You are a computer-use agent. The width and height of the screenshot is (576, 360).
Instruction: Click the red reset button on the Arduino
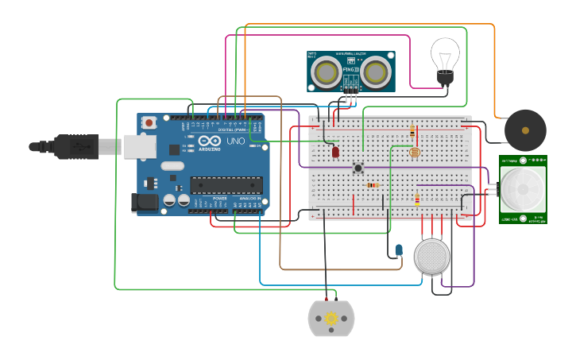149,122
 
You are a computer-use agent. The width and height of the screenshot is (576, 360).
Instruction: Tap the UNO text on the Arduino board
236,141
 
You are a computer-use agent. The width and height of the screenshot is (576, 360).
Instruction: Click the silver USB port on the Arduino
140,146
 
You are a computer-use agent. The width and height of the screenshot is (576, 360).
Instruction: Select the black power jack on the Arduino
145,202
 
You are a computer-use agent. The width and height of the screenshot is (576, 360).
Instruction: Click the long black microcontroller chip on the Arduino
226,185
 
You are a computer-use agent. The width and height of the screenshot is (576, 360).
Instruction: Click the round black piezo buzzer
525,130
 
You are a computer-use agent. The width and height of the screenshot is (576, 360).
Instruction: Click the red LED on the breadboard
335,151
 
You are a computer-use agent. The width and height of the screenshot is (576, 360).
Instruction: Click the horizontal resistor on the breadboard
373,185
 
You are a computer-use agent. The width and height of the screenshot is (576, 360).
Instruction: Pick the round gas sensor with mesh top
432,256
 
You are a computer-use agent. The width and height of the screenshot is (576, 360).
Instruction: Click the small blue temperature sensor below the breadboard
399,250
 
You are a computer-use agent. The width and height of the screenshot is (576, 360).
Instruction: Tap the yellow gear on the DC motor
331,319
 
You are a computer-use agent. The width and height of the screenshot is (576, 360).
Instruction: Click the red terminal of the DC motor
326,299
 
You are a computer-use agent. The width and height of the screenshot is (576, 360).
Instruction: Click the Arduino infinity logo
175,149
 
